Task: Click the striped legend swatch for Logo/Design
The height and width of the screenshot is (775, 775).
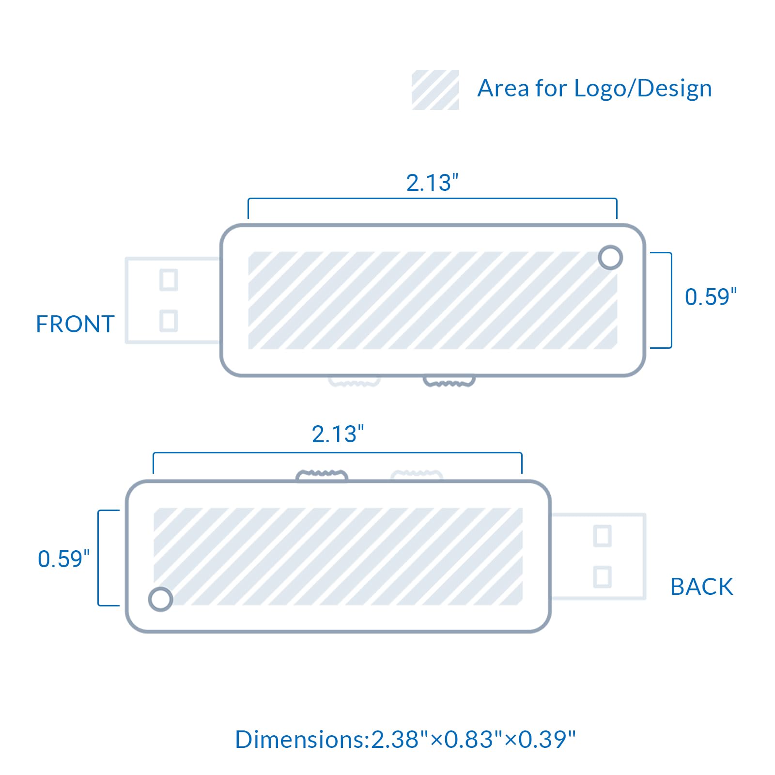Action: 435,90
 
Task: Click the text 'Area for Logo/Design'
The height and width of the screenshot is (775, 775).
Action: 594,89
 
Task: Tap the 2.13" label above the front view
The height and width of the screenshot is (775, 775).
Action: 432,183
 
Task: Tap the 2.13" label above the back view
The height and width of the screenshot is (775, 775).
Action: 337,434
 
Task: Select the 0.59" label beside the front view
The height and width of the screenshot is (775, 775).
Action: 710,297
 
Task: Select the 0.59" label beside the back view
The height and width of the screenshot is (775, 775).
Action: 63,559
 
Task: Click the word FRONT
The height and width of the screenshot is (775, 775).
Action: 75,324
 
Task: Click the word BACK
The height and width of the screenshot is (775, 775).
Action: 701,587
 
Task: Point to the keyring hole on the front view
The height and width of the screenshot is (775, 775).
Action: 610,257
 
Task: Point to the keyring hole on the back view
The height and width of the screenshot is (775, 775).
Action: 160,599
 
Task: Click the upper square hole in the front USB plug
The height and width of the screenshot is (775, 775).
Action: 169,279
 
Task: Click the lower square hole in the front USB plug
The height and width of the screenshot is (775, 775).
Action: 169,321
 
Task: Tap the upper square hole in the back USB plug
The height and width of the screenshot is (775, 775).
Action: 602,536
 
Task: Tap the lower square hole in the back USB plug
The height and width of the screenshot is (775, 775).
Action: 602,576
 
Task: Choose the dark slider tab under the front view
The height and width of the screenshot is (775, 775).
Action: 449,381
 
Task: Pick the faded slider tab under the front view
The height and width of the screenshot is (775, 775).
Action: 354,381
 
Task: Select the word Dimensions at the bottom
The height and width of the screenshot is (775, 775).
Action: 299,740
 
